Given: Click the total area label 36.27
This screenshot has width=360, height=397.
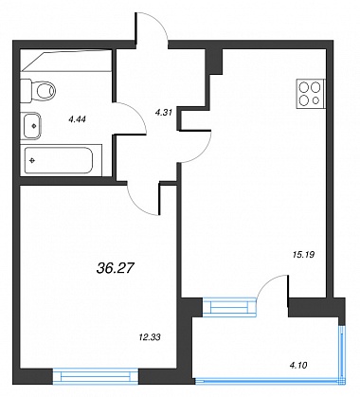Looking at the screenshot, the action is (115, 268).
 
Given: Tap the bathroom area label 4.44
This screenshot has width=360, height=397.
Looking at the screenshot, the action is (78, 119).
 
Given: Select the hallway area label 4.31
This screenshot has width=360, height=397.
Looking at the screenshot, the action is (163, 112).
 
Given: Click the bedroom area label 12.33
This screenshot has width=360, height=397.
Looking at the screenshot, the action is (150, 337).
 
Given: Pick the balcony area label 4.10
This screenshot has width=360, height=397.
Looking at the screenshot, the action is (297, 366).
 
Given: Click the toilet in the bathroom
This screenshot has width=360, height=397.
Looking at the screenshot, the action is (38, 91).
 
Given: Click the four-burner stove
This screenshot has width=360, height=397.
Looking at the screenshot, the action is (311, 94).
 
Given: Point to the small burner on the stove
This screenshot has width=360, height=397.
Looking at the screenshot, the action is (315, 100).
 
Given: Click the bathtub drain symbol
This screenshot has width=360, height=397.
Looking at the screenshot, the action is (32, 161).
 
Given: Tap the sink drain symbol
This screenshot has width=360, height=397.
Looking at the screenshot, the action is (34, 126).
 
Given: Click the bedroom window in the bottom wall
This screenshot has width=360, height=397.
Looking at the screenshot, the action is (95, 376).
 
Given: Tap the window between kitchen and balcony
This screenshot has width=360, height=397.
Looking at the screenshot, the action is (228, 307).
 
